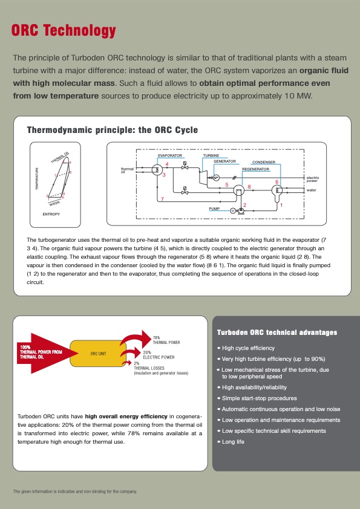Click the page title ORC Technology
point(64,31)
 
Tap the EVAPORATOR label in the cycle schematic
point(170,155)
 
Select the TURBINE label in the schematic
point(211,155)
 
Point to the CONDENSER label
point(263,163)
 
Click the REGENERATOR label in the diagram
point(255,169)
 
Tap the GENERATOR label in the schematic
point(224,161)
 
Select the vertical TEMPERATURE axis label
point(37,180)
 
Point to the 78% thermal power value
point(156,337)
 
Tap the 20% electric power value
point(147,352)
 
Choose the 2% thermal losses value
point(137,363)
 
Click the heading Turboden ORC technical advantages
point(277,332)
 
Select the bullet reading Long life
point(233,442)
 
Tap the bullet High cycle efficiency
point(248,348)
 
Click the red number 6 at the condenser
point(277,182)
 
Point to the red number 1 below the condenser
point(281,206)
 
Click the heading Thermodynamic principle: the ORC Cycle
point(113,130)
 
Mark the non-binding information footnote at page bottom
point(75,491)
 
